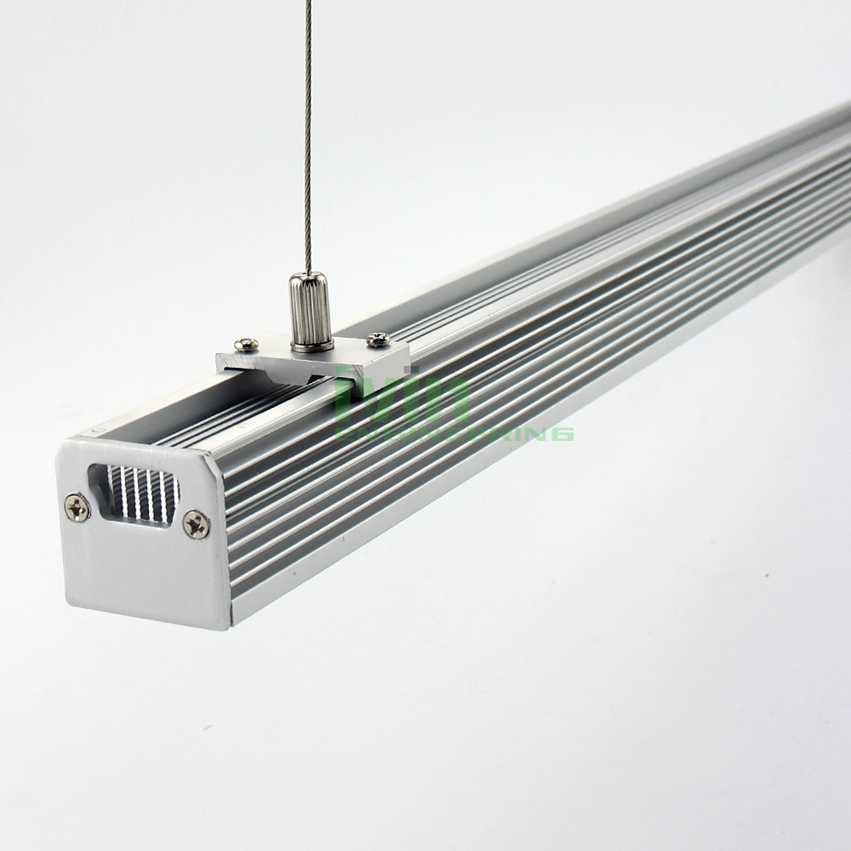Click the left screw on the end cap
77,507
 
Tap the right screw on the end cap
197,524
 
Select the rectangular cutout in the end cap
134,494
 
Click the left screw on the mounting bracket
246,344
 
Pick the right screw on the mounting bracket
378,340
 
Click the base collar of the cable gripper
311,343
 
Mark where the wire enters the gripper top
308,274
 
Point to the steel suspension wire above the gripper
308,128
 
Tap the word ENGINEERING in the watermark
455,433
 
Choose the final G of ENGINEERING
562,433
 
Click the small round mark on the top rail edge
100,431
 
